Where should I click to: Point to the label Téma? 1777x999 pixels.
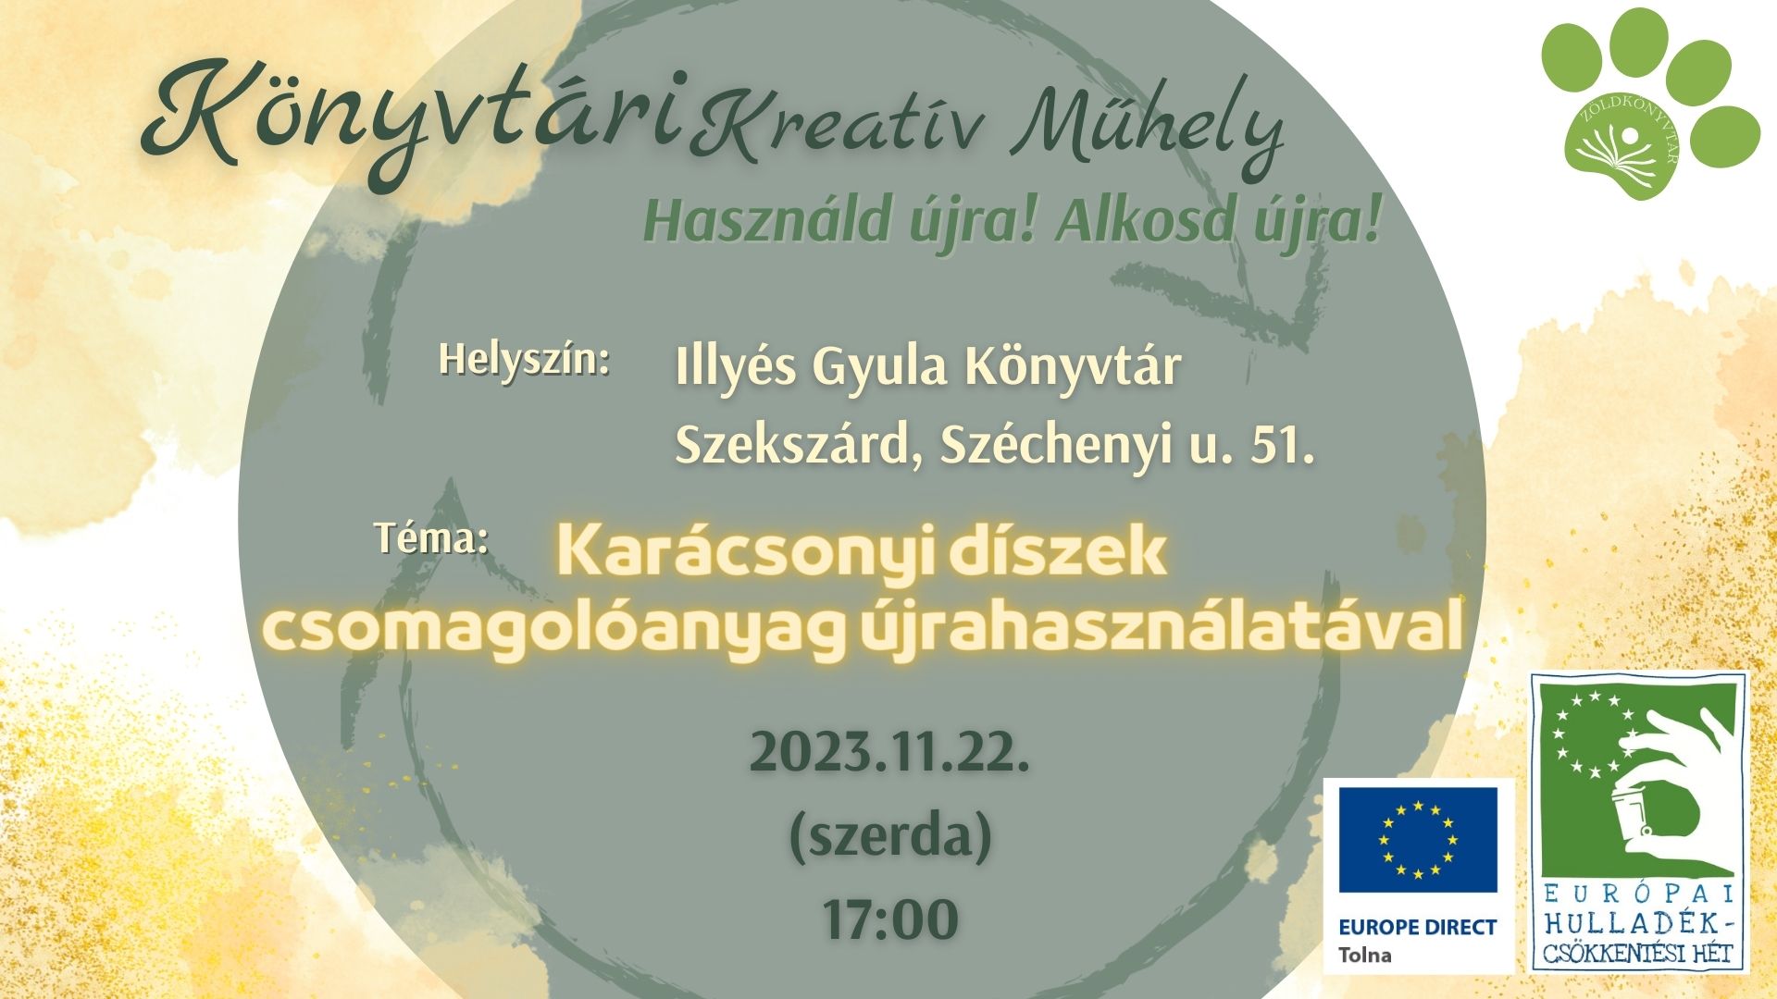431,537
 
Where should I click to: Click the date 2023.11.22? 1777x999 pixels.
889,752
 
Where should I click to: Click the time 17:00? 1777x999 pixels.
890,919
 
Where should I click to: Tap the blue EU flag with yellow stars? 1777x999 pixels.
1417,840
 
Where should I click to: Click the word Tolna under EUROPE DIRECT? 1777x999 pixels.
1364,956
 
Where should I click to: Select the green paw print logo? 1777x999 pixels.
1647,102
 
